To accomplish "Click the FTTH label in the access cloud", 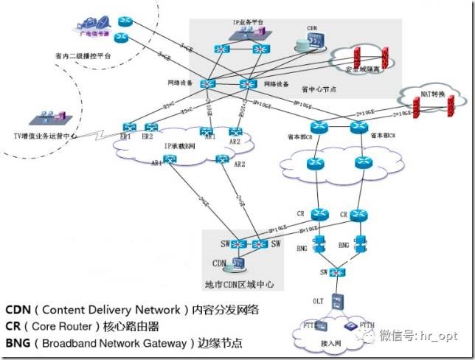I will click(x=368, y=325).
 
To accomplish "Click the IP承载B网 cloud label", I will click(x=180, y=147).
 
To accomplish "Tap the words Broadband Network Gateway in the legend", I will click(x=119, y=343).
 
